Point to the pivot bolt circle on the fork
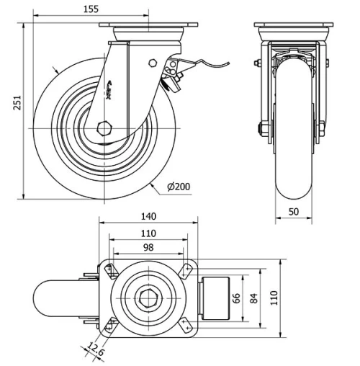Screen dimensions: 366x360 (x=152, y=63)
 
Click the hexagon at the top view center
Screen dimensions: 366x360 (x=147, y=298)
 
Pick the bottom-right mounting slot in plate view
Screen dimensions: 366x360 (x=185, y=326)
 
